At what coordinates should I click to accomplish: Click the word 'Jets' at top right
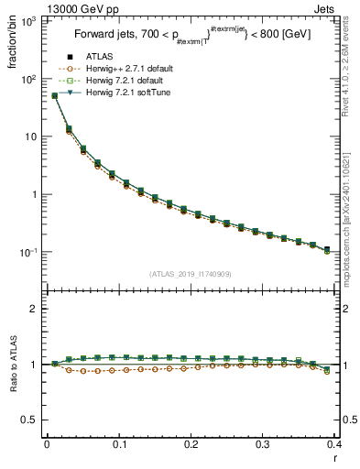coord(324,7)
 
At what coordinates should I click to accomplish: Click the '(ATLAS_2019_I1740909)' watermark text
coord(190,274)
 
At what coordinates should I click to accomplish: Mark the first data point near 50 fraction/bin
coord(54,95)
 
